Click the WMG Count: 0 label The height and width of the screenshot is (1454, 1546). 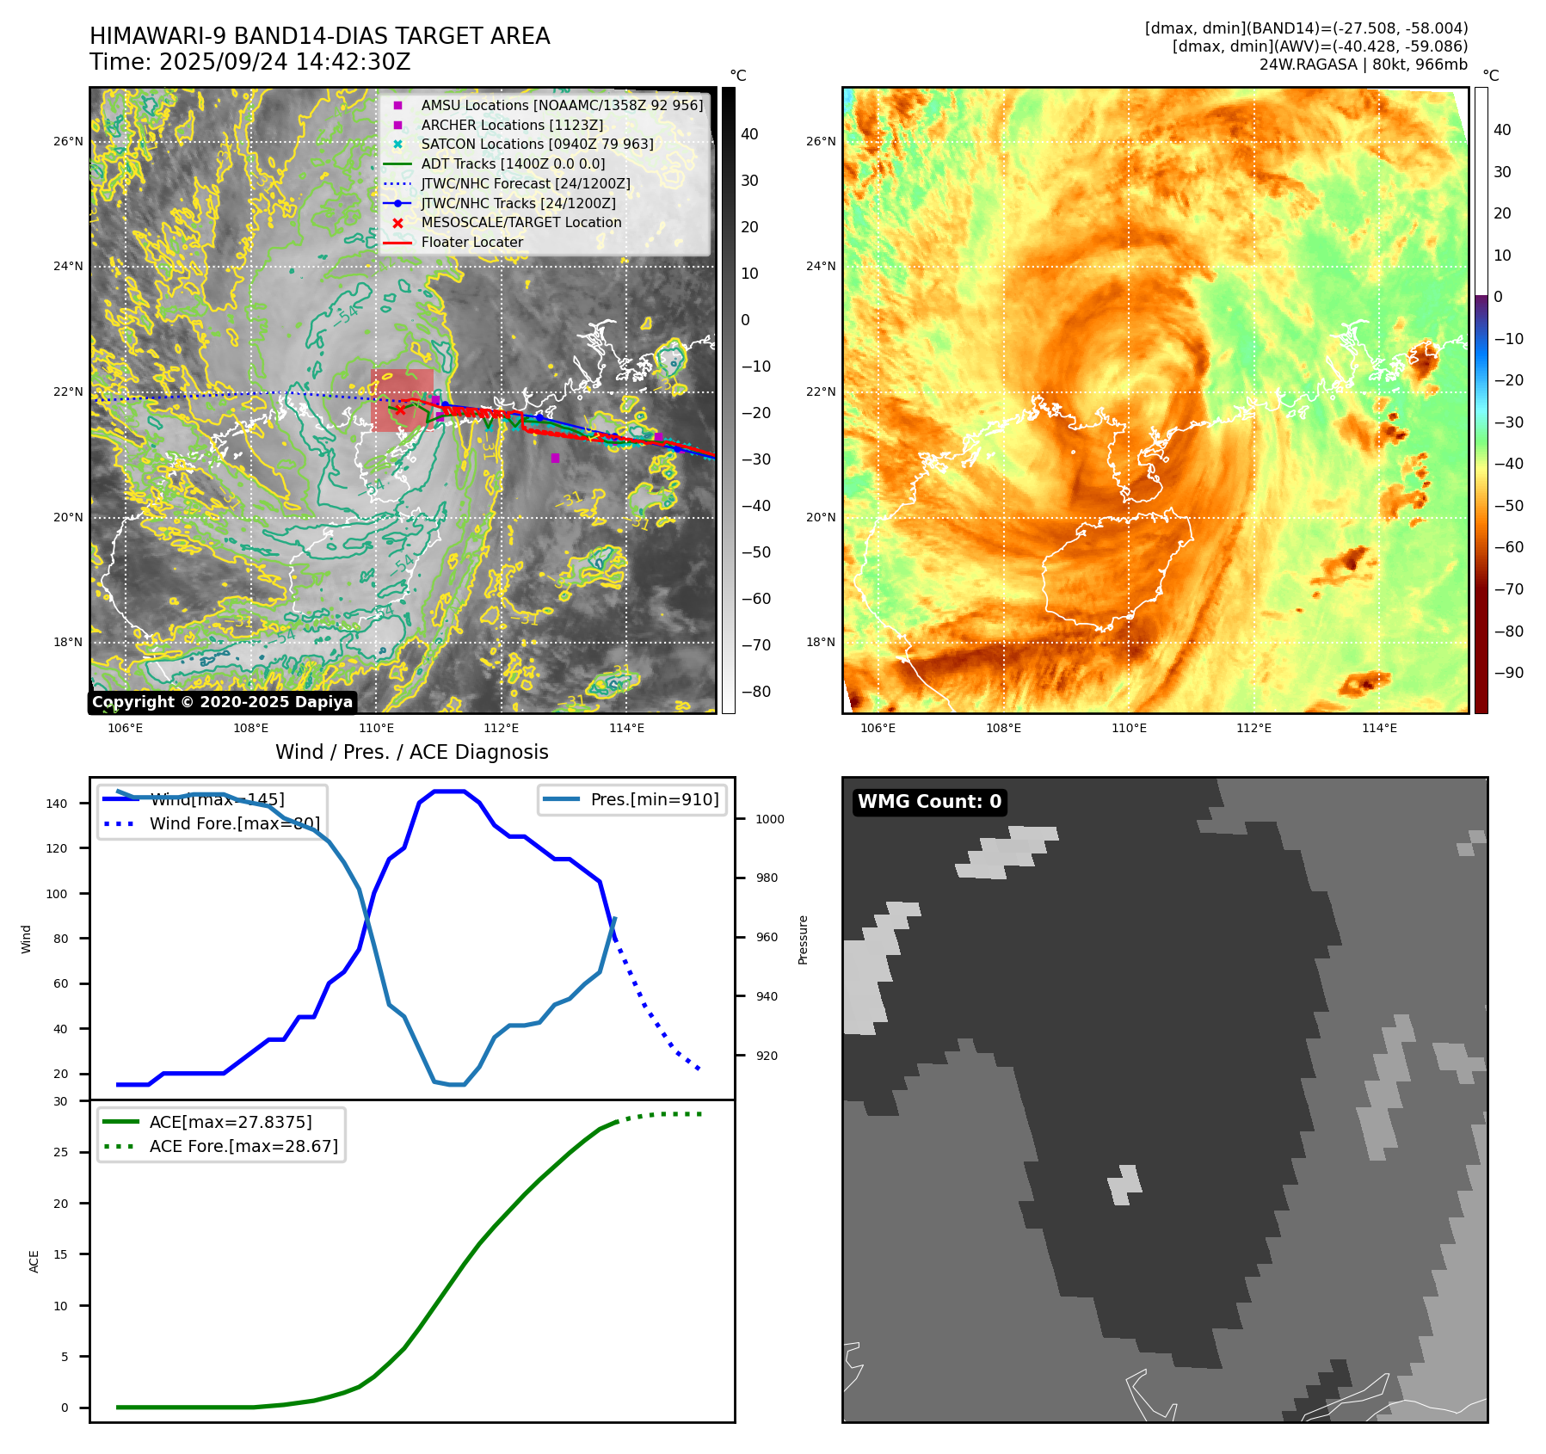(x=929, y=802)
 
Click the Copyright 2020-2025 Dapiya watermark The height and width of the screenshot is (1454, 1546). (x=222, y=702)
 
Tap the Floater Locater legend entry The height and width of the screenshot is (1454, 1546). (x=471, y=242)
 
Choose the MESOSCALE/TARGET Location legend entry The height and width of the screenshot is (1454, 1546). (x=520, y=222)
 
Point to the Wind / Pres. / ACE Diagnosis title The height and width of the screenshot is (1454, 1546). (x=411, y=752)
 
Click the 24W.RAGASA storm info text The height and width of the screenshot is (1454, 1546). (x=1363, y=65)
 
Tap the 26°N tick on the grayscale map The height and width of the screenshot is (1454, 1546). (x=69, y=141)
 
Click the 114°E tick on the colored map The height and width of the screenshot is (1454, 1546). (x=1379, y=728)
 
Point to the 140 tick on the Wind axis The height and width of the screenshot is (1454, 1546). (x=57, y=804)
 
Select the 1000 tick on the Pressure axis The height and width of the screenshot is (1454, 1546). (x=769, y=819)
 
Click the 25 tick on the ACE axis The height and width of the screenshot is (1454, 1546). (x=61, y=1152)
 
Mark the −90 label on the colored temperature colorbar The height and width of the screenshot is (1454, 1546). (x=1508, y=673)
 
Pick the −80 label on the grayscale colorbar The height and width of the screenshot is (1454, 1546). (x=756, y=692)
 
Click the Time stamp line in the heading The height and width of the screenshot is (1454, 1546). (x=250, y=63)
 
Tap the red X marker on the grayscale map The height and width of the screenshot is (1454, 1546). (x=399, y=410)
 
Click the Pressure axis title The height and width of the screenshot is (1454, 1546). (x=803, y=940)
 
